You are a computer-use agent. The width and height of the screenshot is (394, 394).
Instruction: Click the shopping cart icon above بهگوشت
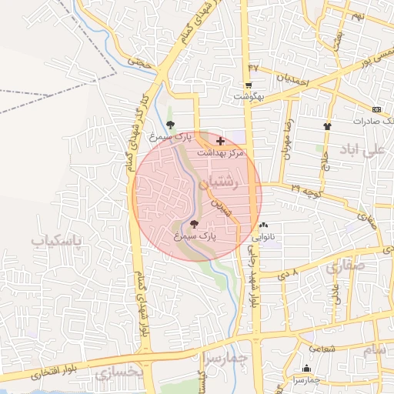click(249, 85)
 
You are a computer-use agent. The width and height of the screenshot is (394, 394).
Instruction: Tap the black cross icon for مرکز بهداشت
click(222, 142)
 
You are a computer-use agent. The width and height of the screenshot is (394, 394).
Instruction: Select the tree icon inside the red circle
click(203, 224)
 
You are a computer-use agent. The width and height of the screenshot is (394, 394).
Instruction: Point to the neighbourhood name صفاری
click(343, 267)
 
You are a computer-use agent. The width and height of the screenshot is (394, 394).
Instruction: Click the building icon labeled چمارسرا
click(307, 369)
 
